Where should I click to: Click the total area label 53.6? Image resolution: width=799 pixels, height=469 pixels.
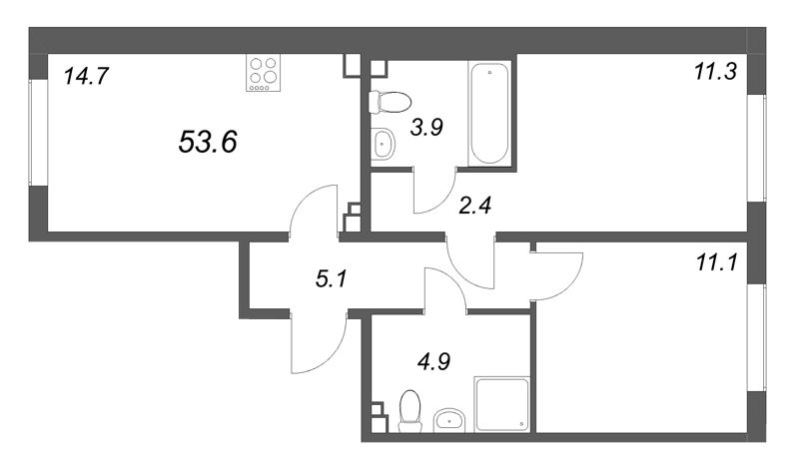207,143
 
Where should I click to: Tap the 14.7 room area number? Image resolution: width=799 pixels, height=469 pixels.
87,75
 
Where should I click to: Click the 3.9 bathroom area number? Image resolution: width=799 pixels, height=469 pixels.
426,127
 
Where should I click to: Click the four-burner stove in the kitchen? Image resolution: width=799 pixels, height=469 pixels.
265,73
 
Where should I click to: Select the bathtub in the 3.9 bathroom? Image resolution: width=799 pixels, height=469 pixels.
490,112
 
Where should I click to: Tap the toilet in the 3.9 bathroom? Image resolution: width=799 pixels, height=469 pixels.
391,101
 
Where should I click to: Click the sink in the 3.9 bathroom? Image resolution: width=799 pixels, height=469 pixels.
384,146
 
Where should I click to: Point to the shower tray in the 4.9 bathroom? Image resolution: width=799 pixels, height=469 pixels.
500,404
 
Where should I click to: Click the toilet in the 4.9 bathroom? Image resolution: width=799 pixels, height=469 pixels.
409,410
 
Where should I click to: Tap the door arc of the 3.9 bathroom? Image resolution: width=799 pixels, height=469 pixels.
431,194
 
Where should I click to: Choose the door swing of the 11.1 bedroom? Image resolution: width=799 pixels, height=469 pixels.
557,274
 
